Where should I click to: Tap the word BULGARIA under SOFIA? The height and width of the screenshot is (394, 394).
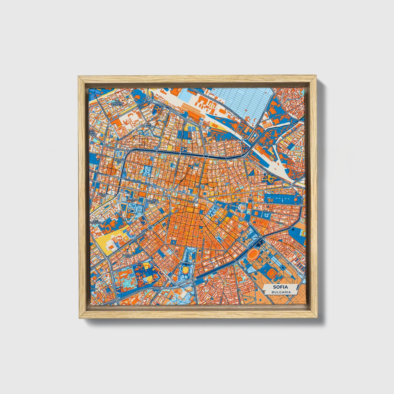[281, 292]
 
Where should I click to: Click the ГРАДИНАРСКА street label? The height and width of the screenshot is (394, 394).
[268, 145]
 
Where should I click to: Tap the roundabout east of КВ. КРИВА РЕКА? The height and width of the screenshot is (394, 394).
[150, 227]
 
